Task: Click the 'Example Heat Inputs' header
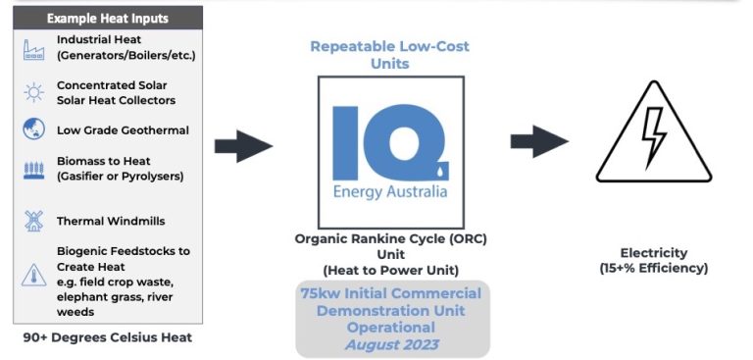coord(107,19)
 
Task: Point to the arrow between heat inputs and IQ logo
coord(242,146)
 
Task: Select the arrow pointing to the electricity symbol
coord(538,141)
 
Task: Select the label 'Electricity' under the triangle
coord(653,252)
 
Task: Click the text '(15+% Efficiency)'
coord(653,268)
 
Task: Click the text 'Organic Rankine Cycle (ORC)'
coord(391,239)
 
